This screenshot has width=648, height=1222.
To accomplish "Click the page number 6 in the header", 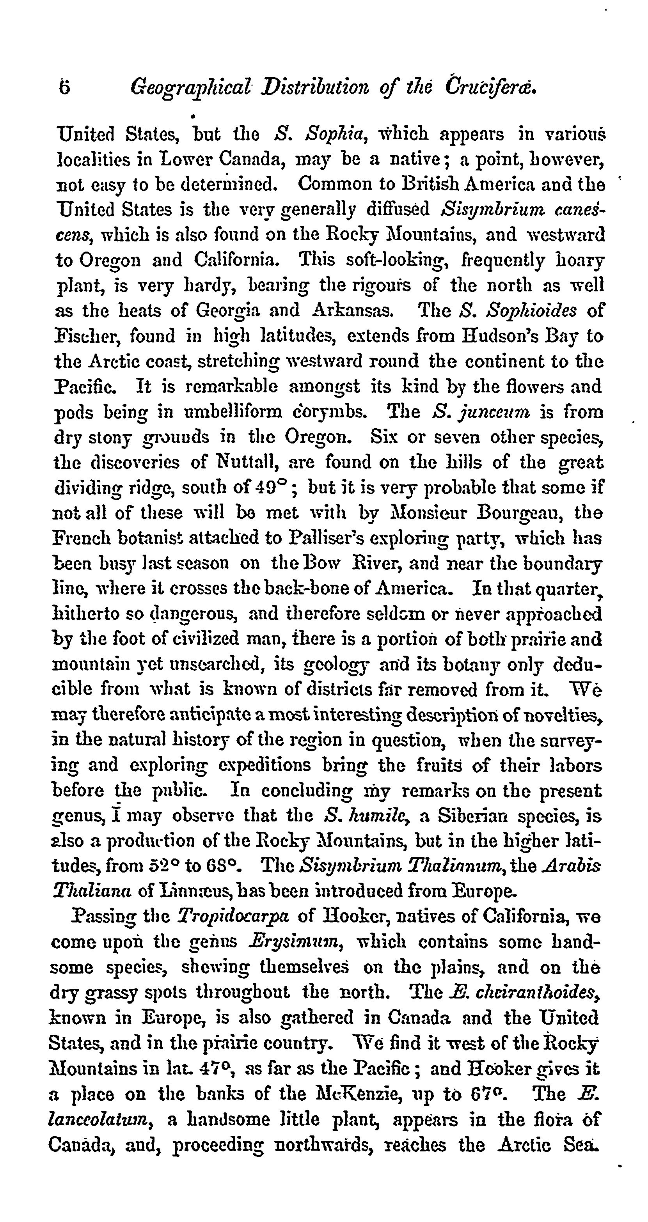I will [64, 87].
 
